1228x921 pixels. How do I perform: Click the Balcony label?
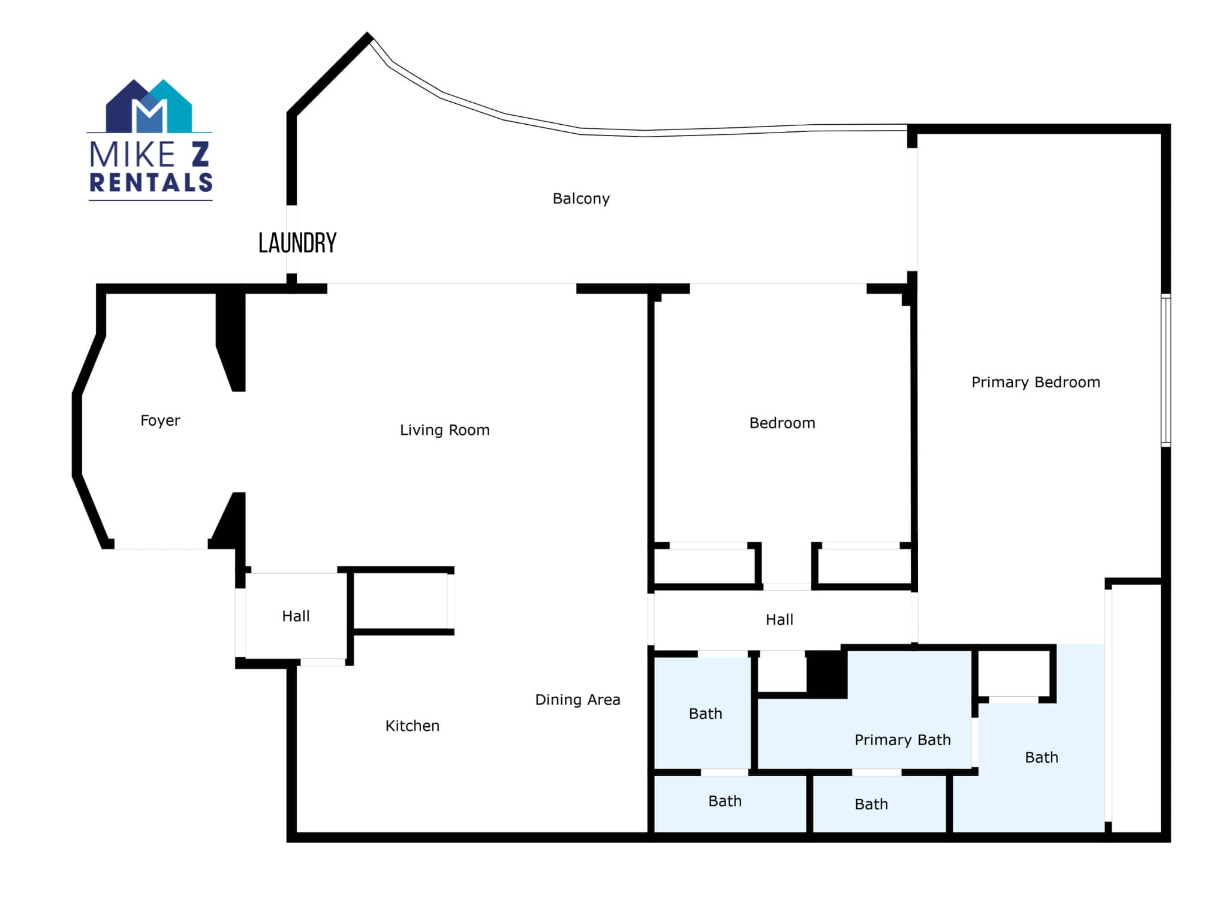581,199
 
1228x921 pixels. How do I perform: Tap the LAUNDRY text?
297,243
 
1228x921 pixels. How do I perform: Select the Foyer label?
160,421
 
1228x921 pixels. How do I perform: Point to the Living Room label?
445,430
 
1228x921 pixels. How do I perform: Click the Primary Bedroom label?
1036,382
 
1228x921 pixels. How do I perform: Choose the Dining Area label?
577,700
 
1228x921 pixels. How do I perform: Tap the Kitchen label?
413,726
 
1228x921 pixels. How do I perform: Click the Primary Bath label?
902,740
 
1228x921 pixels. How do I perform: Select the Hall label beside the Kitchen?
296,616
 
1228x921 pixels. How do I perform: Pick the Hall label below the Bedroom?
779,620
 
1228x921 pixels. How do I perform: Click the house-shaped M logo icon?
149,106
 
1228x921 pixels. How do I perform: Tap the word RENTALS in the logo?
151,182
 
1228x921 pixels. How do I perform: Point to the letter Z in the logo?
200,155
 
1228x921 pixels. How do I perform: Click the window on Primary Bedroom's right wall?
1166,371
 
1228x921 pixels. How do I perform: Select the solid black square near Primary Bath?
827,674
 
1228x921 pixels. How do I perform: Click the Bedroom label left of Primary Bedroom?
782,423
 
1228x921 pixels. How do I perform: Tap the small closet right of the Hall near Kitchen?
401,601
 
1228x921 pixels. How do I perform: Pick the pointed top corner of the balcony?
368,35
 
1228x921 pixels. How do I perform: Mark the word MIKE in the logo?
132,155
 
